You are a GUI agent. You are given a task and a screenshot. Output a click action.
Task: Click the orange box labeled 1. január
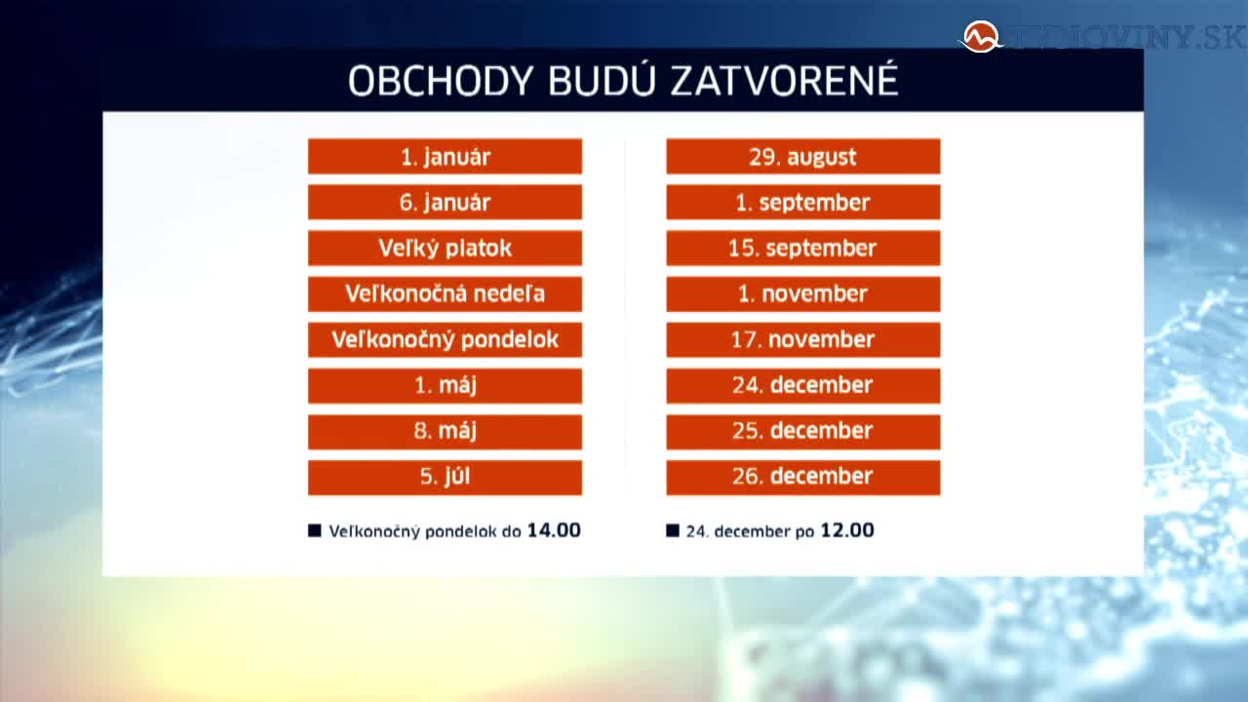[445, 157]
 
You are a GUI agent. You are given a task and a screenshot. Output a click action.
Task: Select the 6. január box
[445, 202]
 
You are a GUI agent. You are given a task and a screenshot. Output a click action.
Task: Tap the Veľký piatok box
[445, 248]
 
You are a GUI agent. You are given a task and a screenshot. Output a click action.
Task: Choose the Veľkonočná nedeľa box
[445, 293]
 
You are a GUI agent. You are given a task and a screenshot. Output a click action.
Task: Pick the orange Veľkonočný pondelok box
[445, 339]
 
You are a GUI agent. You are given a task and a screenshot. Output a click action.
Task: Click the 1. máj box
[445, 385]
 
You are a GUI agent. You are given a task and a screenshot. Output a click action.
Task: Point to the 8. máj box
[445, 431]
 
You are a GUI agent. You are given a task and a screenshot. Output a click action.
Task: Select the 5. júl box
[445, 477]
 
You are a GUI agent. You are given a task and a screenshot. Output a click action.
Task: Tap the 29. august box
[802, 157]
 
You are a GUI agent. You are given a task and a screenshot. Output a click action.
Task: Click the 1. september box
[802, 202]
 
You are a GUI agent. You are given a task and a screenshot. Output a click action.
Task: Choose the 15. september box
[802, 248]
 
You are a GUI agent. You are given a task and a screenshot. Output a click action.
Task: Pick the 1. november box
[802, 293]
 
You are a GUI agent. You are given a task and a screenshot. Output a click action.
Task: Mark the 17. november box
[802, 339]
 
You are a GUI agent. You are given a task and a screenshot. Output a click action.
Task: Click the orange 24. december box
[802, 385]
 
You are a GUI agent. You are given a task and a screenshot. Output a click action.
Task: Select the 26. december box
[802, 477]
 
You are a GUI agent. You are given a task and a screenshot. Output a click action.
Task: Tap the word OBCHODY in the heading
[441, 81]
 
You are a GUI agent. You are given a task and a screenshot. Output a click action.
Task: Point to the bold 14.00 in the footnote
[554, 530]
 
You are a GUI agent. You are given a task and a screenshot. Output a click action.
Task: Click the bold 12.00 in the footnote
[847, 530]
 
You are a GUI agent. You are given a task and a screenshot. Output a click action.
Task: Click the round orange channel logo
[981, 37]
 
